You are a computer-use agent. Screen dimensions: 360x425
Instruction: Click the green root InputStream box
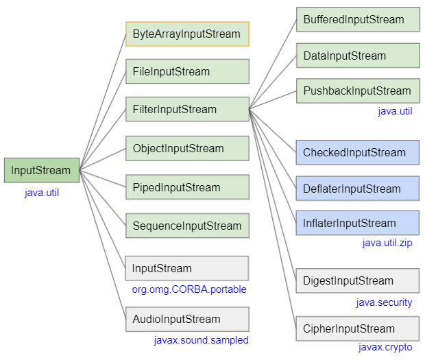pos(42,170)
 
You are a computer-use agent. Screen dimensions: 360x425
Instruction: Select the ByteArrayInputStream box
pos(187,34)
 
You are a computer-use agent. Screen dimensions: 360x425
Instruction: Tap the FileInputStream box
pos(187,71)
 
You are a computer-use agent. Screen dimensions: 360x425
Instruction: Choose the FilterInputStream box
pos(187,110)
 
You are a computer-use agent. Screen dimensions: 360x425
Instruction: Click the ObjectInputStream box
pos(187,148)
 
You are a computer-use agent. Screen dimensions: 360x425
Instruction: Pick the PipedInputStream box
pos(187,187)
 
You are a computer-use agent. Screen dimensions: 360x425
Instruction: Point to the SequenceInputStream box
pos(187,226)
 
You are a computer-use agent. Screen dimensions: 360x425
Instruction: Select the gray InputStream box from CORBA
pos(187,268)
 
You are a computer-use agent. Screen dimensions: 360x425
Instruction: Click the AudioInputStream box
pos(187,319)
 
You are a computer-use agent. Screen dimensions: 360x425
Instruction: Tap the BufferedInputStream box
pos(357,19)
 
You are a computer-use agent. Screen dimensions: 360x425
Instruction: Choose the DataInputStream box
pos(357,56)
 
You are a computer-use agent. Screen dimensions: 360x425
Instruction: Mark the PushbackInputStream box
pos(357,91)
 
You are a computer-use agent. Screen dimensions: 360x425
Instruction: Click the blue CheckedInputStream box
pos(357,152)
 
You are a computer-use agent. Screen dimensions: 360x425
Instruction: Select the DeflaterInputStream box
pos(357,189)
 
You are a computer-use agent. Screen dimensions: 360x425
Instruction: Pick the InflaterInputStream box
pos(357,223)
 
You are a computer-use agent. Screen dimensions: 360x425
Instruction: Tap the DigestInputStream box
pos(357,280)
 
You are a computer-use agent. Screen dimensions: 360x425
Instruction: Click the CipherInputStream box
pos(357,328)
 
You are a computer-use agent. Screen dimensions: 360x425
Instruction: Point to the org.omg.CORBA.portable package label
pos(189,289)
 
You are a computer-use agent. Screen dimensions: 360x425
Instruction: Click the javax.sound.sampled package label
pos(201,340)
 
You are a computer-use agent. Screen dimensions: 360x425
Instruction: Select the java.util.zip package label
pos(387,243)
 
